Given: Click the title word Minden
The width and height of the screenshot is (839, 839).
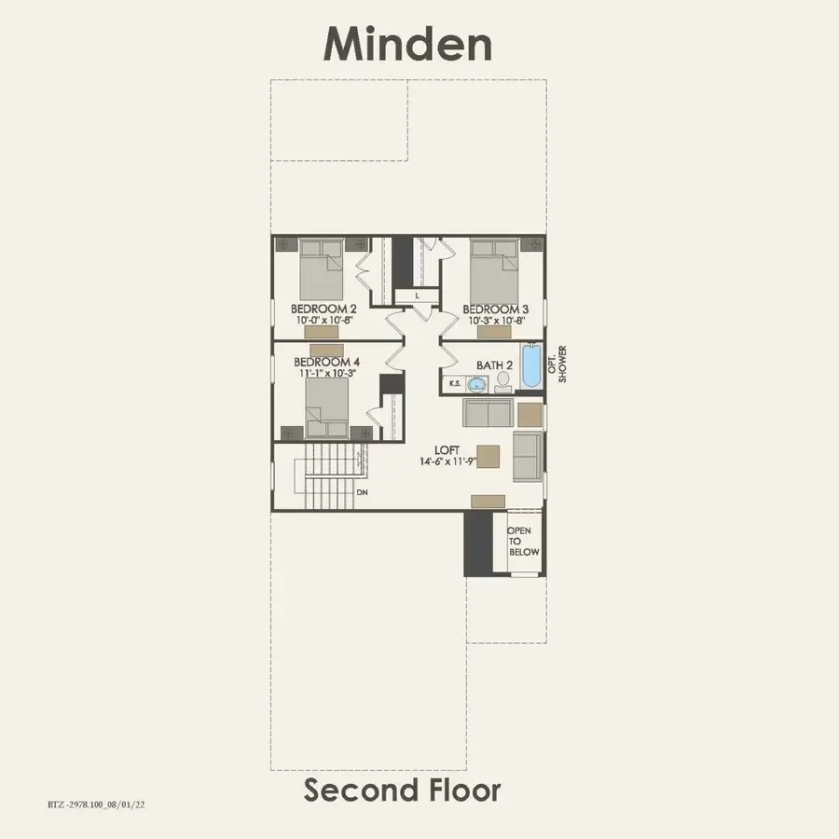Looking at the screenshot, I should click(407, 44).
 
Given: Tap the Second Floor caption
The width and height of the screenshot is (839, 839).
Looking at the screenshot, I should click(402, 791).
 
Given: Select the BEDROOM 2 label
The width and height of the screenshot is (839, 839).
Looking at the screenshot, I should click(323, 309).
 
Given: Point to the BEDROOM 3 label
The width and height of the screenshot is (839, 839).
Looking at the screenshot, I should click(496, 309).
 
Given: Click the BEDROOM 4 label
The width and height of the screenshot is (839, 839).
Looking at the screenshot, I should click(326, 362).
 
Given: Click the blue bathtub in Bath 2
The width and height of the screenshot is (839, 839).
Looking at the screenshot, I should click(530, 366).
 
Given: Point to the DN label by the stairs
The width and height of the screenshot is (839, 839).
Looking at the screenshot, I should click(362, 491).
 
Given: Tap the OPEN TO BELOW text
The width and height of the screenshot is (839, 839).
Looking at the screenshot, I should click(521, 541).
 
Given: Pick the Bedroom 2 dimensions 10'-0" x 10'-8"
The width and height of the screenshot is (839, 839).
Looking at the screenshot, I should click(323, 320).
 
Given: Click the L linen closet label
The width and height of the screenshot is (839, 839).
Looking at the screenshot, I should click(418, 296).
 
